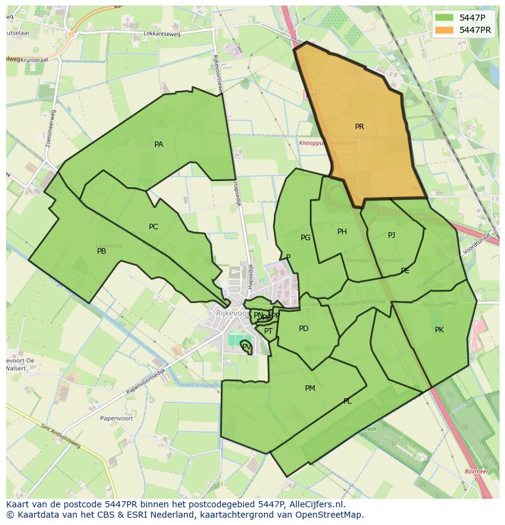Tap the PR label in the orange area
(x=359, y=127)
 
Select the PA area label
(x=159, y=145)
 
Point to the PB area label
(x=101, y=251)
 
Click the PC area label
(x=153, y=227)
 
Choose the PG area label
(x=306, y=238)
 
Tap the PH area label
(x=342, y=232)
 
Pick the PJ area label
(x=392, y=235)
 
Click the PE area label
(x=405, y=271)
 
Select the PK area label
(x=439, y=330)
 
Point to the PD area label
(x=304, y=329)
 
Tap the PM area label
(x=310, y=388)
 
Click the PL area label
(x=347, y=401)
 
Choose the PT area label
(x=268, y=331)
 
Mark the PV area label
(x=246, y=346)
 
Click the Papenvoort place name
(x=100, y=419)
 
